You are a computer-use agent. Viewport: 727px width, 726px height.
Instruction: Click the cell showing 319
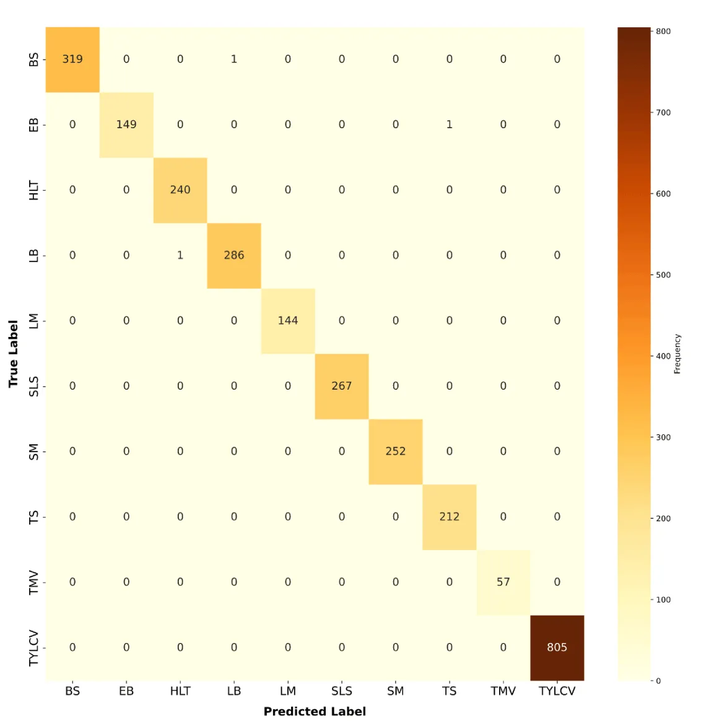(x=72, y=59)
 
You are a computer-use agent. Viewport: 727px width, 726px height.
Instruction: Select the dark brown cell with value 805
(x=557, y=647)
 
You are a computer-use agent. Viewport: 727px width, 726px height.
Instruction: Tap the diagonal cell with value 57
(x=503, y=582)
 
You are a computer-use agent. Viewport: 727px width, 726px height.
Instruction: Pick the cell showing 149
(x=126, y=125)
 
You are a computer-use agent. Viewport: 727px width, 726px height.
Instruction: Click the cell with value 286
(x=234, y=255)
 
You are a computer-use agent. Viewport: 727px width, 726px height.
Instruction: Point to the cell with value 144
(x=288, y=321)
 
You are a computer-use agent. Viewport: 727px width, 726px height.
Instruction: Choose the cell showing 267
(x=341, y=386)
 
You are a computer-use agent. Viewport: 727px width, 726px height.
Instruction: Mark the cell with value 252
(x=395, y=452)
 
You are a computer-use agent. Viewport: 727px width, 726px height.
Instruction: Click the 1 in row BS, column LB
(x=234, y=59)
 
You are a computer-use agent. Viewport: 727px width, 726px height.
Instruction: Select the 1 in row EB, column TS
(x=450, y=125)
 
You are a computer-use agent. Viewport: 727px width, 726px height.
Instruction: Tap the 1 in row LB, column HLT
(x=180, y=255)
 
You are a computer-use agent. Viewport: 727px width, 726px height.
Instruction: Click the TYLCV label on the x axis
(x=557, y=691)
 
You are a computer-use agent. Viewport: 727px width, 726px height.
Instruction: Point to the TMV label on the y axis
(x=34, y=582)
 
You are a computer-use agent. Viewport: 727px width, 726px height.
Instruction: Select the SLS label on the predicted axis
(x=341, y=691)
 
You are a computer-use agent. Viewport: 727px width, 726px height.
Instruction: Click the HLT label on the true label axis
(x=34, y=190)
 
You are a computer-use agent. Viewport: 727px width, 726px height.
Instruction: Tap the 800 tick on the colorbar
(x=663, y=32)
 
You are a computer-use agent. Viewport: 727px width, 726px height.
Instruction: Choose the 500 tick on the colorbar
(x=663, y=275)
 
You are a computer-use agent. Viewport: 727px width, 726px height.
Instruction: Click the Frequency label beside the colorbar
(x=677, y=354)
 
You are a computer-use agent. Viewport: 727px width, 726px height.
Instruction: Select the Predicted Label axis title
(x=315, y=712)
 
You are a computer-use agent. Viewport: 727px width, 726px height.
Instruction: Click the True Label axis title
(x=13, y=354)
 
